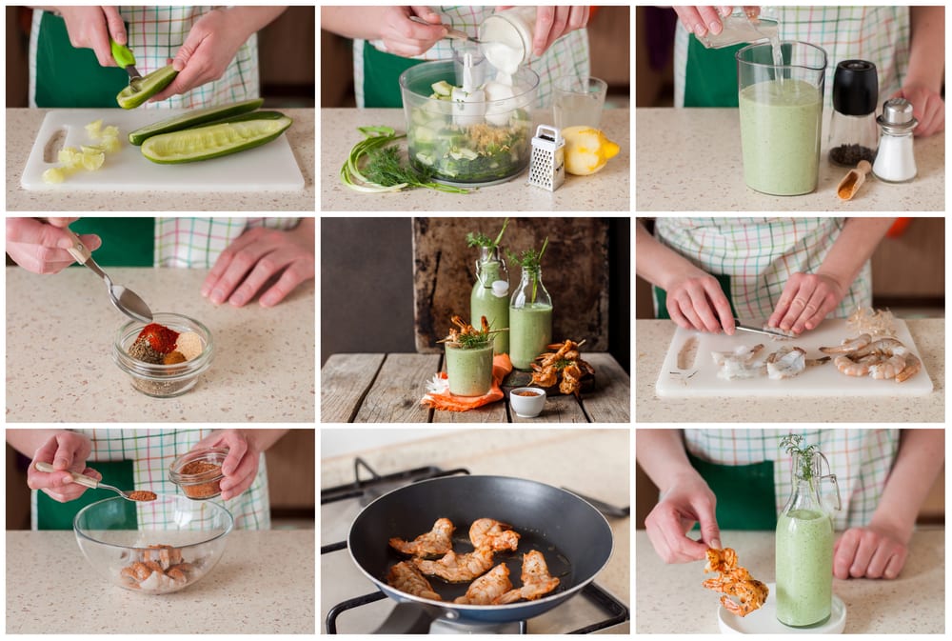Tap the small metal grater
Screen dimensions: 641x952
(546, 158)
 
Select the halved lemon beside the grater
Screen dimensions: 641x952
(589, 150)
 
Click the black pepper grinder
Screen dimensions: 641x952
(854, 112)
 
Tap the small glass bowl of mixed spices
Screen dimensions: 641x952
(163, 355)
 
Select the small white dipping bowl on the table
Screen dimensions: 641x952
(527, 401)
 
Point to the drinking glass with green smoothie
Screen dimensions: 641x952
(469, 367)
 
